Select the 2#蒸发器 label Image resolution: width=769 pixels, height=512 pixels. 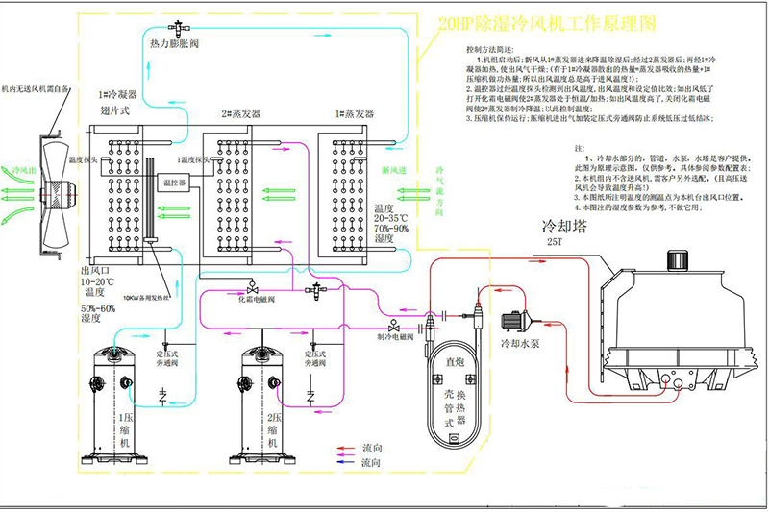[x=240, y=113]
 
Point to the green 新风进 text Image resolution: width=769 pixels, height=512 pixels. [x=394, y=170]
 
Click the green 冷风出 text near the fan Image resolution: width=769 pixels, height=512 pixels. [x=20, y=170]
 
